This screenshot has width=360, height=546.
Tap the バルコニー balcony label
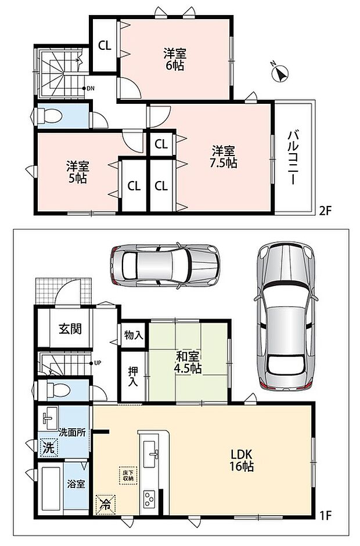[292, 157]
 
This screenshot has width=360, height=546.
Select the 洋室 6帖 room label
[175, 60]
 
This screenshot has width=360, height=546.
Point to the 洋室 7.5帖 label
[224, 157]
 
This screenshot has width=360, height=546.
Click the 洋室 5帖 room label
[78, 172]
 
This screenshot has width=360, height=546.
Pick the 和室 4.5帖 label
[188, 363]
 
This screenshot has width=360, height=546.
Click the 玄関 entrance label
[70, 328]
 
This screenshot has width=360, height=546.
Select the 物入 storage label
[134, 335]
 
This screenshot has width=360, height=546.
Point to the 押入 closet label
[133, 377]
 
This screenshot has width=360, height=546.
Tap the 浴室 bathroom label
[76, 484]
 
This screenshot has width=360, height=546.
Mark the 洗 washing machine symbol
[48, 447]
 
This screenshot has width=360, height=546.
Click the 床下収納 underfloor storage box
[128, 475]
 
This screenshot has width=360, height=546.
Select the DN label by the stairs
[90, 88]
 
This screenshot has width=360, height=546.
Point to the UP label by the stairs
[97, 363]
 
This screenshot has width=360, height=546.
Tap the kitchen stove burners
[149, 498]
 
